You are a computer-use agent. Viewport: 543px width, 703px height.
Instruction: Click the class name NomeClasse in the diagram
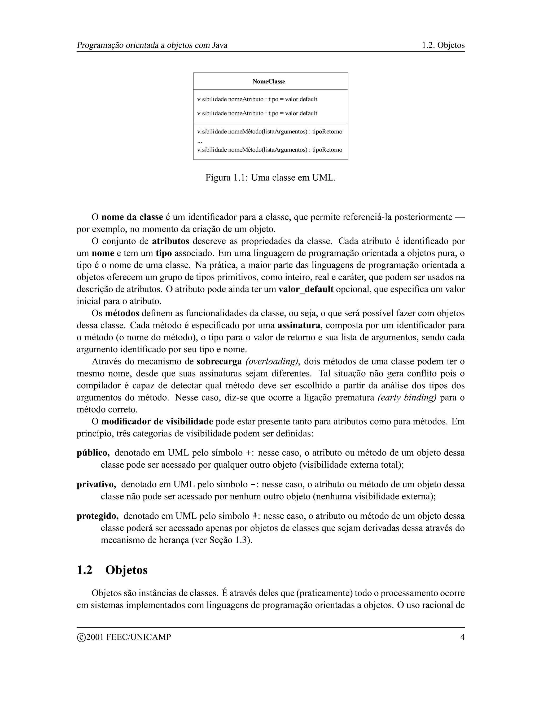coord(269,81)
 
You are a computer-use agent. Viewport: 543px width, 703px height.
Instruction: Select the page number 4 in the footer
coord(462,637)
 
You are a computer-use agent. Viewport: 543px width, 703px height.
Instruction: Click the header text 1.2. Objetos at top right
coord(443,45)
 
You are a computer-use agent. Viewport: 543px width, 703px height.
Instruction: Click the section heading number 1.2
coord(84,570)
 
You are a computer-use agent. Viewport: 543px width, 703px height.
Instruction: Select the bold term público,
coord(93,453)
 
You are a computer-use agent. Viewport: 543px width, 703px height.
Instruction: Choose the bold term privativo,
coord(96,484)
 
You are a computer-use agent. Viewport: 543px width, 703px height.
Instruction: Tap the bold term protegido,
coord(98,516)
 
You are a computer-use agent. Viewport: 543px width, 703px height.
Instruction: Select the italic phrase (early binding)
coord(407,398)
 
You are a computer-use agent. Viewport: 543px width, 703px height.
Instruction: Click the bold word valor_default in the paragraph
coord(306,289)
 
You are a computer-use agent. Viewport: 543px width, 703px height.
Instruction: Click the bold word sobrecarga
coord(219,362)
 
